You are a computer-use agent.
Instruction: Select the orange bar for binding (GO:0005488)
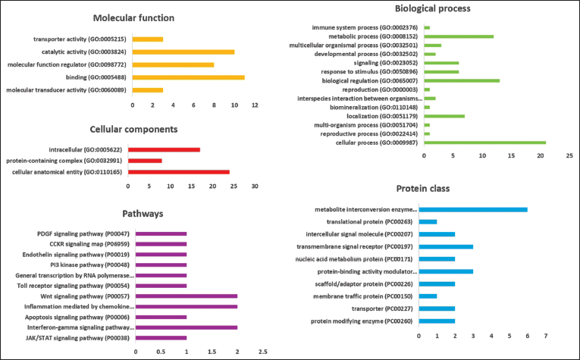(188, 77)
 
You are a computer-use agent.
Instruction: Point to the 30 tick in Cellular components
(255, 186)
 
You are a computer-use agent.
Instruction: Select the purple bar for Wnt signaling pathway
(187, 296)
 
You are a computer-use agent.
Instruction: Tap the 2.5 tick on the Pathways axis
(263, 352)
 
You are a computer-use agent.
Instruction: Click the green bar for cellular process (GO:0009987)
(484, 142)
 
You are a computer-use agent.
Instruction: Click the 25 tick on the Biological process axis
(569, 155)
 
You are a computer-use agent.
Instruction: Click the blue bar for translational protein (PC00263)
(429, 221)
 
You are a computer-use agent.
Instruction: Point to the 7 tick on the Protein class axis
(546, 335)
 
